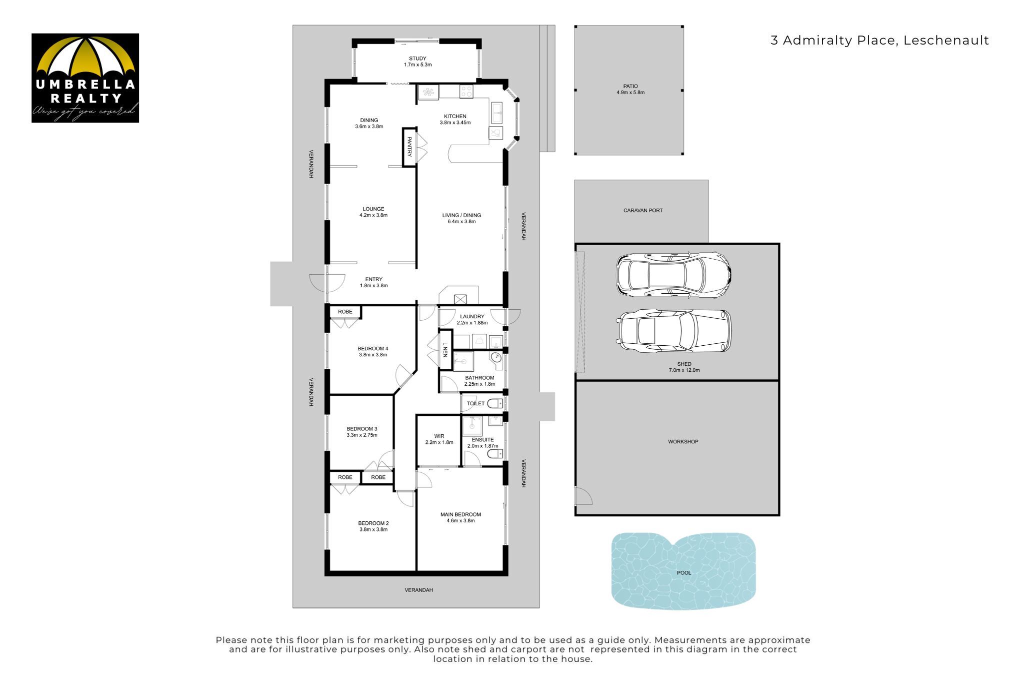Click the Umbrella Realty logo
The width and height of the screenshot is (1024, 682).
(85, 78)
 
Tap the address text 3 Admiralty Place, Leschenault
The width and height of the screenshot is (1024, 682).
(879, 41)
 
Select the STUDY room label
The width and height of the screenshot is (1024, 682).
(417, 59)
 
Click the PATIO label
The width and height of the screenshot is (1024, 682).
(630, 86)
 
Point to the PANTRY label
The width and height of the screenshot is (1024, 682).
(409, 147)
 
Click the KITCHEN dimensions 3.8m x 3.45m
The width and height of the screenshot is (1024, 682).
(455, 123)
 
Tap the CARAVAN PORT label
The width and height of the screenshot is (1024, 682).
(643, 210)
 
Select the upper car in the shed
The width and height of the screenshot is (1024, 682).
(673, 275)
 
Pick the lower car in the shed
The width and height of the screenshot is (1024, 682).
(674, 330)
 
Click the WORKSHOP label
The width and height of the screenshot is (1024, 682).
(683, 441)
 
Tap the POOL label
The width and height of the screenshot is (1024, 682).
(683, 572)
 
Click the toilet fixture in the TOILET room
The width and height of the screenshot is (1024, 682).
(495, 403)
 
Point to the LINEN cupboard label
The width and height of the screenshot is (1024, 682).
(445, 349)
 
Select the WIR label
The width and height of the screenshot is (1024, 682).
(439, 436)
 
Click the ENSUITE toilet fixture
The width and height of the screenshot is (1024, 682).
(495, 454)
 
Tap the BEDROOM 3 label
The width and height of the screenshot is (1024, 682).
(362, 429)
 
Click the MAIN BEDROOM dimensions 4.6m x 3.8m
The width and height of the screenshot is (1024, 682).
(460, 520)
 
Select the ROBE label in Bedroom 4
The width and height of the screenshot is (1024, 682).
(345, 312)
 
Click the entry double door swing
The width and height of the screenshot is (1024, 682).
(327, 284)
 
